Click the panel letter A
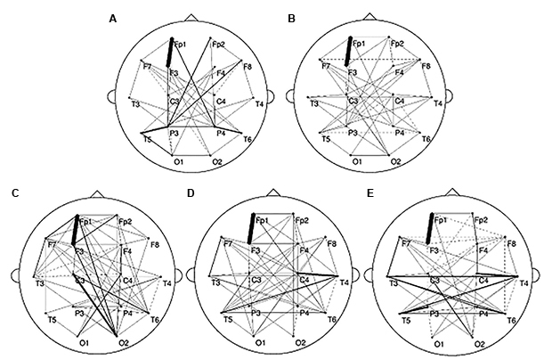(x=111, y=18)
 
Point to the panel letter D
(x=191, y=193)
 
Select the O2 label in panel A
(x=216, y=162)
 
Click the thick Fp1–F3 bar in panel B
(x=349, y=52)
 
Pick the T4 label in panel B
(x=439, y=104)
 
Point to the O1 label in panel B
(x=357, y=162)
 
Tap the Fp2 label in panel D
(x=303, y=220)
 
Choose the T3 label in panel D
(x=215, y=282)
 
